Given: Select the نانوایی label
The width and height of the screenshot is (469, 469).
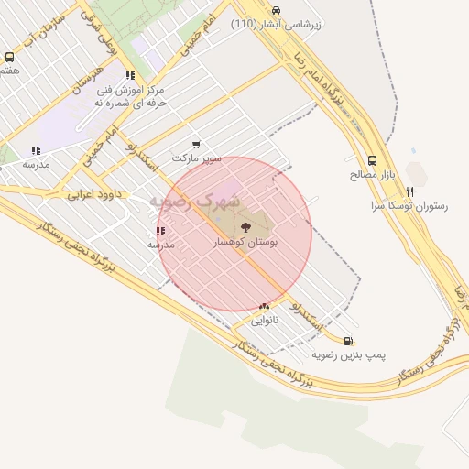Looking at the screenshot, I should (x=264, y=321).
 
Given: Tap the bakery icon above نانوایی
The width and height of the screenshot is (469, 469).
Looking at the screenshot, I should (x=264, y=307).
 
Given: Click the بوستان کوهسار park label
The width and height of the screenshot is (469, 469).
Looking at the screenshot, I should (x=245, y=243).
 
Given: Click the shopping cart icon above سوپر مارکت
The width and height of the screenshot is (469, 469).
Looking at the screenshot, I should (x=196, y=145).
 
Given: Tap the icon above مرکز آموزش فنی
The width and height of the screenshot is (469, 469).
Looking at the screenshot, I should (x=131, y=76).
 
